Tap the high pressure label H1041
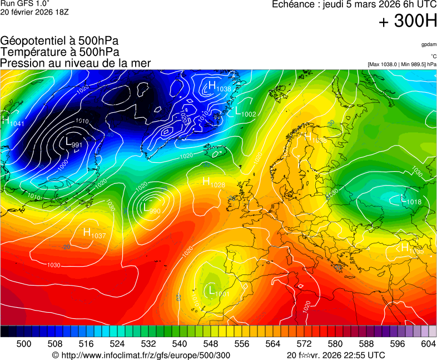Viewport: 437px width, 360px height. pyautogui.click(x=13, y=121)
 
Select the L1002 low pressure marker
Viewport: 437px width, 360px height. pyautogui.click(x=245, y=112)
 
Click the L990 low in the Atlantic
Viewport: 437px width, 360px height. pyautogui.click(x=152, y=209)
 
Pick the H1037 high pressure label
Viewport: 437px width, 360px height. pyautogui.click(x=94, y=233)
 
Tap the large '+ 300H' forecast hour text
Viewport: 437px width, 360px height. pyautogui.click(x=408, y=22)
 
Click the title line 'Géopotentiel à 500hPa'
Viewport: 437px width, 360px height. pyautogui.click(x=59, y=41)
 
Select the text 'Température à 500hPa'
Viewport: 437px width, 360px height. pyautogui.click(x=59, y=52)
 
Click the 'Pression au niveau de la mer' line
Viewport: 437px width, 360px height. pyautogui.click(x=76, y=63)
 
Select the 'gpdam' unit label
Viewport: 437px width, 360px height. pyautogui.click(x=429, y=44)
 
